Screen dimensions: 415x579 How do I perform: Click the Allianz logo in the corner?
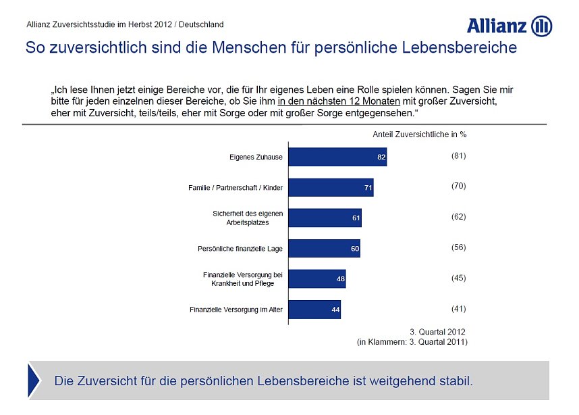509,26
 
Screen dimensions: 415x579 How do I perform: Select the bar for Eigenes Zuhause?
337,157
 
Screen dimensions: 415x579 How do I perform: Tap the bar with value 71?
331,187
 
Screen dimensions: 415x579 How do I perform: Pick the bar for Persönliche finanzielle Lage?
324,249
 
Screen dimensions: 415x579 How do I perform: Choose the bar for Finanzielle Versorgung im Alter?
314,310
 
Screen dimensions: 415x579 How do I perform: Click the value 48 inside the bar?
341,279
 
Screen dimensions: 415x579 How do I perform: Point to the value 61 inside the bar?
356,218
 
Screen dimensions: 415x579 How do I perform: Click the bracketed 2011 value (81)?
458,155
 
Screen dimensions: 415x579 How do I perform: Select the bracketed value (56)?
458,247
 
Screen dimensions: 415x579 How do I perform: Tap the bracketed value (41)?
458,309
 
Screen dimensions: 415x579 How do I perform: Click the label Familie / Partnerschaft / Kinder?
235,188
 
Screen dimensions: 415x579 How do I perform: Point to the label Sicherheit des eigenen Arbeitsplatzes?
248,218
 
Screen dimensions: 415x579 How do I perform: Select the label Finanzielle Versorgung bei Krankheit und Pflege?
243,279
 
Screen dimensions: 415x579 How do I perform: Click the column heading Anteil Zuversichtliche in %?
419,134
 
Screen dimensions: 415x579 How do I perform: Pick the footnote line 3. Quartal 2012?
438,332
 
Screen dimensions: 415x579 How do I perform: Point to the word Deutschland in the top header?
201,24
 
